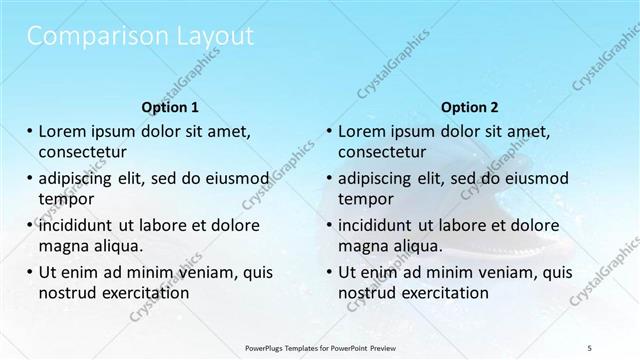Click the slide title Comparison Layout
(140, 38)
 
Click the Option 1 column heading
(170, 107)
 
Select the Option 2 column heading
(470, 107)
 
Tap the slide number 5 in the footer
(590, 347)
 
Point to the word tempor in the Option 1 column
(65, 198)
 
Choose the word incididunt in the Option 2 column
(383, 225)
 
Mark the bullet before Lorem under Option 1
(30, 131)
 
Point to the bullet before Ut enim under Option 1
(30, 272)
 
